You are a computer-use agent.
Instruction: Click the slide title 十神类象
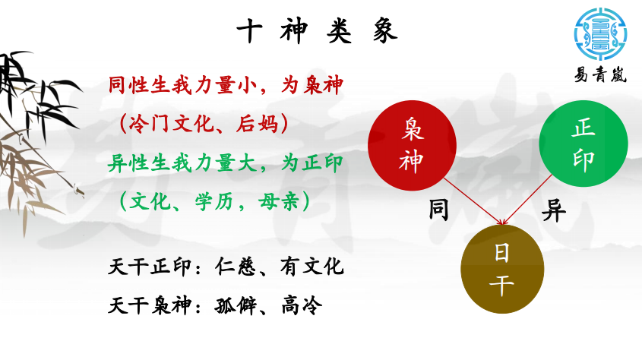point(317,31)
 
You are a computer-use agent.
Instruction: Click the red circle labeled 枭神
point(412,146)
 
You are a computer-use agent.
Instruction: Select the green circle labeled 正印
point(583,144)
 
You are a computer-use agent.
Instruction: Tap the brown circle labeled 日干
point(502,269)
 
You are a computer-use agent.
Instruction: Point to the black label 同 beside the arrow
point(438,210)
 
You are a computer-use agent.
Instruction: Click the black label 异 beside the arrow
point(554,210)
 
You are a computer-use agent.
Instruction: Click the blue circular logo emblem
point(601,34)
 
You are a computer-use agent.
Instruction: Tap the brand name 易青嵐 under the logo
point(600,75)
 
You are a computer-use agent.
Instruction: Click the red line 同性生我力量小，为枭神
point(226,86)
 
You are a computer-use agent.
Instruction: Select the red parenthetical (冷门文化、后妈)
point(204,124)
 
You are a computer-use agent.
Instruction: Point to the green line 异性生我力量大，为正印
point(226,163)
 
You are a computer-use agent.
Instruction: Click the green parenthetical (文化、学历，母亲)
point(214,202)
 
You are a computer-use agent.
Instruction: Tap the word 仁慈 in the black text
point(236,267)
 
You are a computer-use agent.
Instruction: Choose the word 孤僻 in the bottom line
point(236,305)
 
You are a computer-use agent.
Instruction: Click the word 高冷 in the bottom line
point(302,305)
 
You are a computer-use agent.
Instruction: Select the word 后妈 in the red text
point(257,124)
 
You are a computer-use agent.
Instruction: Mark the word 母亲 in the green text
point(279,202)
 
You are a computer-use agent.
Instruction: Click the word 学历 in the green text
point(214,202)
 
